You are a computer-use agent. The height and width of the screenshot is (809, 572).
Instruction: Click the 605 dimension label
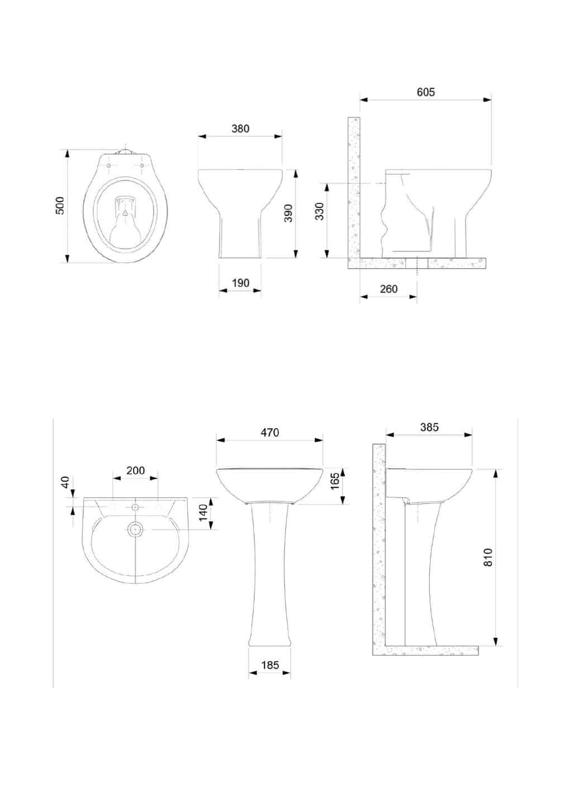click(426, 92)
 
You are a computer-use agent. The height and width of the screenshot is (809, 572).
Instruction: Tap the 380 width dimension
click(241, 129)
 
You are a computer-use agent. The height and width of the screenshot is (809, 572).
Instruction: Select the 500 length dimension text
click(60, 206)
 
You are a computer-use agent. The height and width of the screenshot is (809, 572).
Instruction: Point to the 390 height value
click(288, 213)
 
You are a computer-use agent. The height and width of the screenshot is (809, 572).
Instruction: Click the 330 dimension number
click(319, 211)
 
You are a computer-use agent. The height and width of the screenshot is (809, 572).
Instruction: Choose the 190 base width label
click(241, 283)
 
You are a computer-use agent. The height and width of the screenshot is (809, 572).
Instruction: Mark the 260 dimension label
click(389, 289)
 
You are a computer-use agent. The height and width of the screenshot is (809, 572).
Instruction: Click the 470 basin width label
click(270, 432)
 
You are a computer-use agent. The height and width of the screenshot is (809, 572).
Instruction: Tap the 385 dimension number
click(430, 427)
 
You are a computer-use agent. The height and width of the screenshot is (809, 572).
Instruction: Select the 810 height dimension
click(488, 557)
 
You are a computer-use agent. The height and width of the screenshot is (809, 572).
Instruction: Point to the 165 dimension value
click(335, 480)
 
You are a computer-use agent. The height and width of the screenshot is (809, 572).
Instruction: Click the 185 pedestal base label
click(270, 665)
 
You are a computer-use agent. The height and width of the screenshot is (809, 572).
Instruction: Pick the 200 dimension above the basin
click(135, 470)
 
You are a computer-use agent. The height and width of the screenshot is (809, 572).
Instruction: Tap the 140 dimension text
click(203, 512)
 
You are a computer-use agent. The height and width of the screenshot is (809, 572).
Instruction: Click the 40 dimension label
click(65, 482)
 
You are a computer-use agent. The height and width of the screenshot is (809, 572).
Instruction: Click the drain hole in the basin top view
click(135, 530)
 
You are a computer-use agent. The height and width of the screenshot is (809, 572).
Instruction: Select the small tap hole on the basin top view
click(135, 507)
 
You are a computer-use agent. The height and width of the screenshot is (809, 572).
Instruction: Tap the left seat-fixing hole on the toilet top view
click(109, 165)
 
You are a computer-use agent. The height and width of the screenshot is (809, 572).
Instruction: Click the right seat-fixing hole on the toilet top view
click(142, 165)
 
